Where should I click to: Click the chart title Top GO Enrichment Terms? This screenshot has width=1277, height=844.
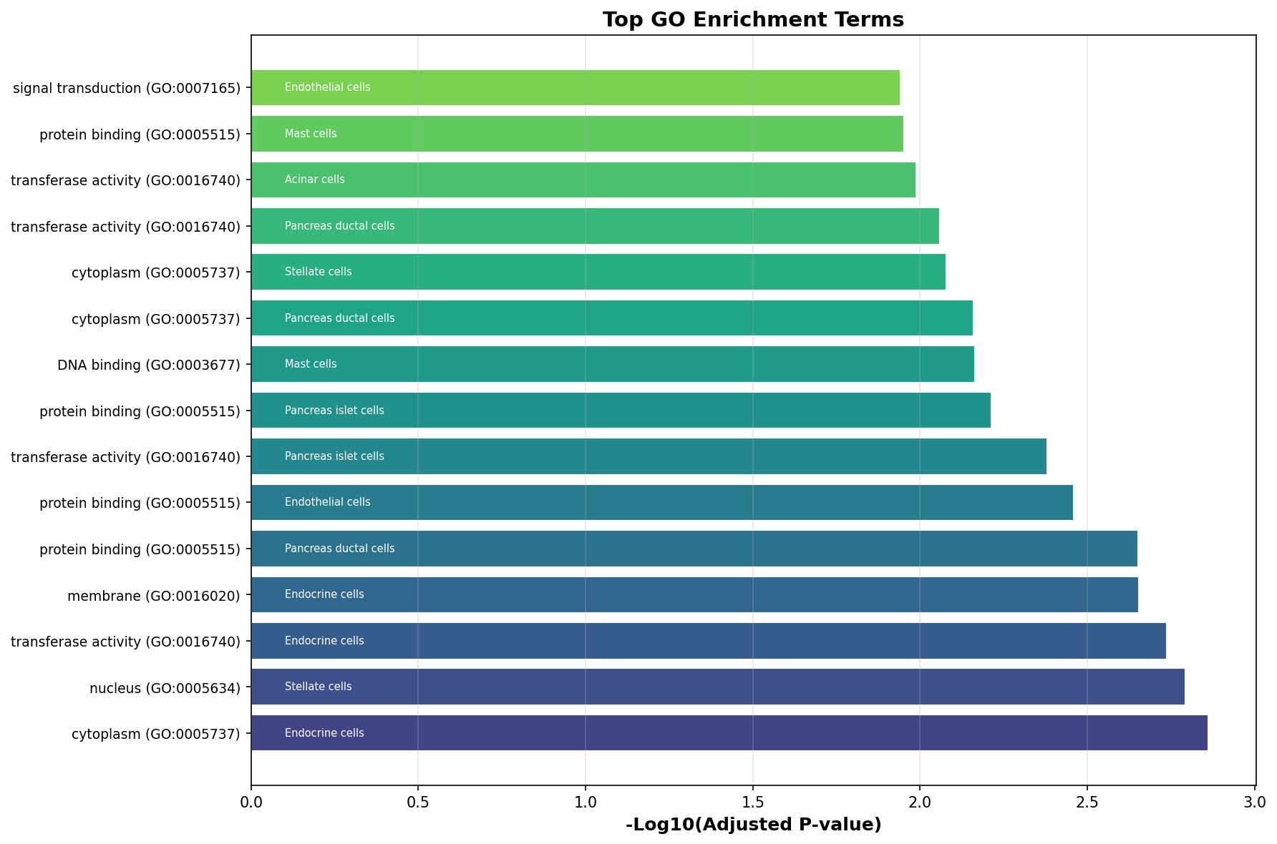click(x=753, y=19)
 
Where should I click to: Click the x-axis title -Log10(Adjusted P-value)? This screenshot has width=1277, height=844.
click(x=753, y=825)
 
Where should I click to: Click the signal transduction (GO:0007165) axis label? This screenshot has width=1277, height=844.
click(x=127, y=89)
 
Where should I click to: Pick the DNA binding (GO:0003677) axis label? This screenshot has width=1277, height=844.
click(x=148, y=365)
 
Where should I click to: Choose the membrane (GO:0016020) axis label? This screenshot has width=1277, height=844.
click(x=153, y=596)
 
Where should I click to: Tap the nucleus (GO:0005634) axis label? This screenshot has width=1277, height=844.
click(x=165, y=688)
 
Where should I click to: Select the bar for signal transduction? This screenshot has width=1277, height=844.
click(x=576, y=88)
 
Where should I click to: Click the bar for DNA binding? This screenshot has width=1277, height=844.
click(x=613, y=364)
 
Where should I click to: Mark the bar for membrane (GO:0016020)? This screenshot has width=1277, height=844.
click(x=694, y=594)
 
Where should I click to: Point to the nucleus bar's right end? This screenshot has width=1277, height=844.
click(x=1185, y=687)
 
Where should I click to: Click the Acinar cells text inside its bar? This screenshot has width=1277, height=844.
click(x=315, y=180)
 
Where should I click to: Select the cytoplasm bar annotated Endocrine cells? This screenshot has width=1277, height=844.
click(x=729, y=733)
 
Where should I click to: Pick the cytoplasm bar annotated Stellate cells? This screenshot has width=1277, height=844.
click(x=598, y=272)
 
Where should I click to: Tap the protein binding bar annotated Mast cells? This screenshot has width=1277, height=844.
click(x=577, y=134)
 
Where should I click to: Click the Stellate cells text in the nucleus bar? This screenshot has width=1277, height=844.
click(x=319, y=687)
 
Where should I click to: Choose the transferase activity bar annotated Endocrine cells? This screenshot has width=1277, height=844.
click(x=709, y=641)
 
